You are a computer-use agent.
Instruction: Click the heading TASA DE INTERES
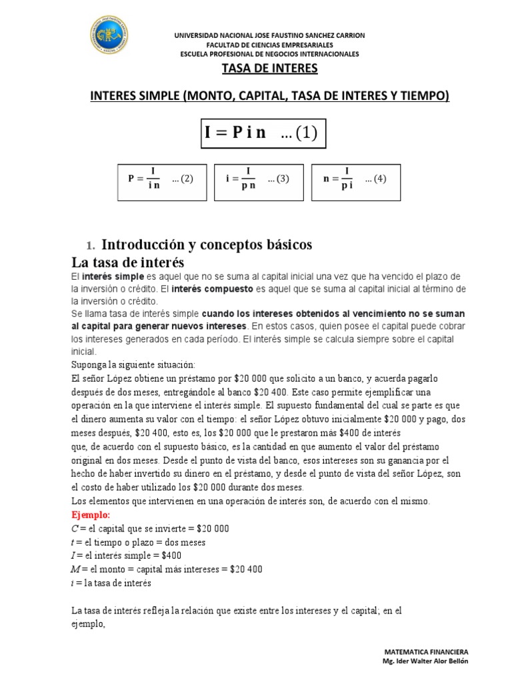point(269,68)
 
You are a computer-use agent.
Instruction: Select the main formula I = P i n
point(235,133)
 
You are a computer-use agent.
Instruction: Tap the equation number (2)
point(182,179)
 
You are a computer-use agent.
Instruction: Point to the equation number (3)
point(277,179)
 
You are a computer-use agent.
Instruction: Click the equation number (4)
point(375,179)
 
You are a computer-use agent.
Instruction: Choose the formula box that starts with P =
point(161,180)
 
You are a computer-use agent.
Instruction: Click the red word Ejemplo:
point(91,516)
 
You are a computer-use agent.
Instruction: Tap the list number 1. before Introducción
point(93,245)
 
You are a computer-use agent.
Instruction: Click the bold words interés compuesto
point(212,289)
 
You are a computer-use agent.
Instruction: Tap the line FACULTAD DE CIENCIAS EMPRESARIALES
point(269,45)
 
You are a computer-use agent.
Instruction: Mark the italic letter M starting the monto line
point(75,569)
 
